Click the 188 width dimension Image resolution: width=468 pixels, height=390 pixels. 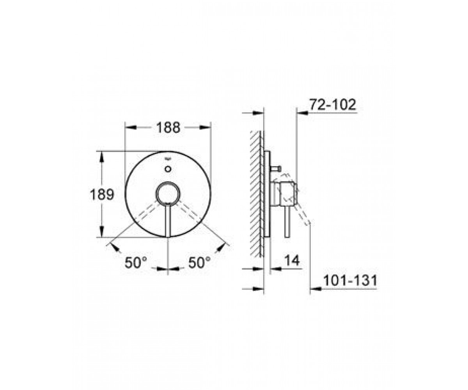[x=168, y=128]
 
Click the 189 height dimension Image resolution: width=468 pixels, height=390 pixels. [x=102, y=194]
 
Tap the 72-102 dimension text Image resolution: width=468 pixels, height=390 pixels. [x=333, y=105]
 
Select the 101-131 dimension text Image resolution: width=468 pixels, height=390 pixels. [x=350, y=280]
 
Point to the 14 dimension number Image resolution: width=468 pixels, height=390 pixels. [x=292, y=261]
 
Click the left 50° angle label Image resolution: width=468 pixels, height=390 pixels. [x=136, y=262]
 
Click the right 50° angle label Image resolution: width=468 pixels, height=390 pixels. [x=199, y=262]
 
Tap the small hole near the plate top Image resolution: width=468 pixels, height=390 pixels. [x=168, y=169]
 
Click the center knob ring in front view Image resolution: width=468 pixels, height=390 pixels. [x=168, y=193]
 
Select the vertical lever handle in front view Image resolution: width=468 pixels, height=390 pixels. [x=168, y=220]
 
